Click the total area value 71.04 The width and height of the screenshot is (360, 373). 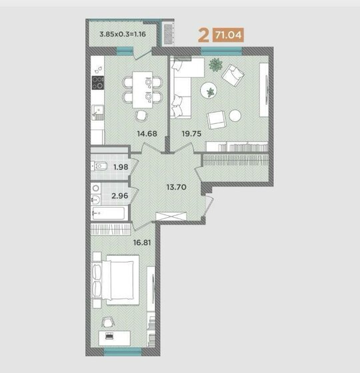228,35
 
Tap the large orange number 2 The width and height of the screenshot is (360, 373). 203,35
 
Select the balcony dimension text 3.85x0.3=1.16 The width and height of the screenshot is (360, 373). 123,34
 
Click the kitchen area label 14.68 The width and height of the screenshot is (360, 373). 147,134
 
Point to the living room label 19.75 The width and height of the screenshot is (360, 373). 192,134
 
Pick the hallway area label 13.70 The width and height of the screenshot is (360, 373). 177,187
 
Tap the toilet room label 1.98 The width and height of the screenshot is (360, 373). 121,167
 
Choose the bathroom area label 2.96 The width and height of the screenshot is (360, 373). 120,196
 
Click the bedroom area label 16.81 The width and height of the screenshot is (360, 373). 142,242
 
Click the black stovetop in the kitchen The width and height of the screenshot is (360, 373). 98,83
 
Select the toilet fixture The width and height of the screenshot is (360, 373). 99,166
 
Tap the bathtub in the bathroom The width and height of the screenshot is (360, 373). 109,213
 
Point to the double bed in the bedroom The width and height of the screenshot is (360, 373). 116,280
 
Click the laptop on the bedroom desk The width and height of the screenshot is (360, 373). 109,336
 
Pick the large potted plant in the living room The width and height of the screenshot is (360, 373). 216,65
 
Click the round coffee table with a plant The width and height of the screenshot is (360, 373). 209,91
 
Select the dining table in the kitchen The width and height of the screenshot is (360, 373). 143,90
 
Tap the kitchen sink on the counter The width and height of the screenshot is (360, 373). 98,113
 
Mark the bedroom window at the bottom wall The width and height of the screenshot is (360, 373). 123,352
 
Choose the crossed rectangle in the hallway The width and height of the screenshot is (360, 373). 171,216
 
